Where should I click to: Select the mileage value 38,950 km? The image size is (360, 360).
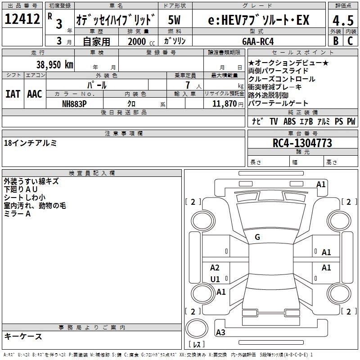(x=54, y=65)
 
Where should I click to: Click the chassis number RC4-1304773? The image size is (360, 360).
(x=302, y=143)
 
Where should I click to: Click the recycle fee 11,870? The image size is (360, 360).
(x=223, y=104)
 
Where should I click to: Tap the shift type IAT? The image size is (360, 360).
(x=13, y=94)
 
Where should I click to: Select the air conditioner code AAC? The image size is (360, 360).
(x=34, y=94)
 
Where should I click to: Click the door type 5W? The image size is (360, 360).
(x=175, y=20)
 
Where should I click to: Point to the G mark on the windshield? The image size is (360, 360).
(x=257, y=237)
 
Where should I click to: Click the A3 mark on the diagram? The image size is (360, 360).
(x=220, y=333)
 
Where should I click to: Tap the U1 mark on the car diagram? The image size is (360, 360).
(x=215, y=279)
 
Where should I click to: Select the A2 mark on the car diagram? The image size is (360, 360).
(x=215, y=268)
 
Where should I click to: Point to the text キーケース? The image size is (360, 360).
(x=23, y=336)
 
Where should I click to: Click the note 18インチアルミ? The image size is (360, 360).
(x=30, y=143)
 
